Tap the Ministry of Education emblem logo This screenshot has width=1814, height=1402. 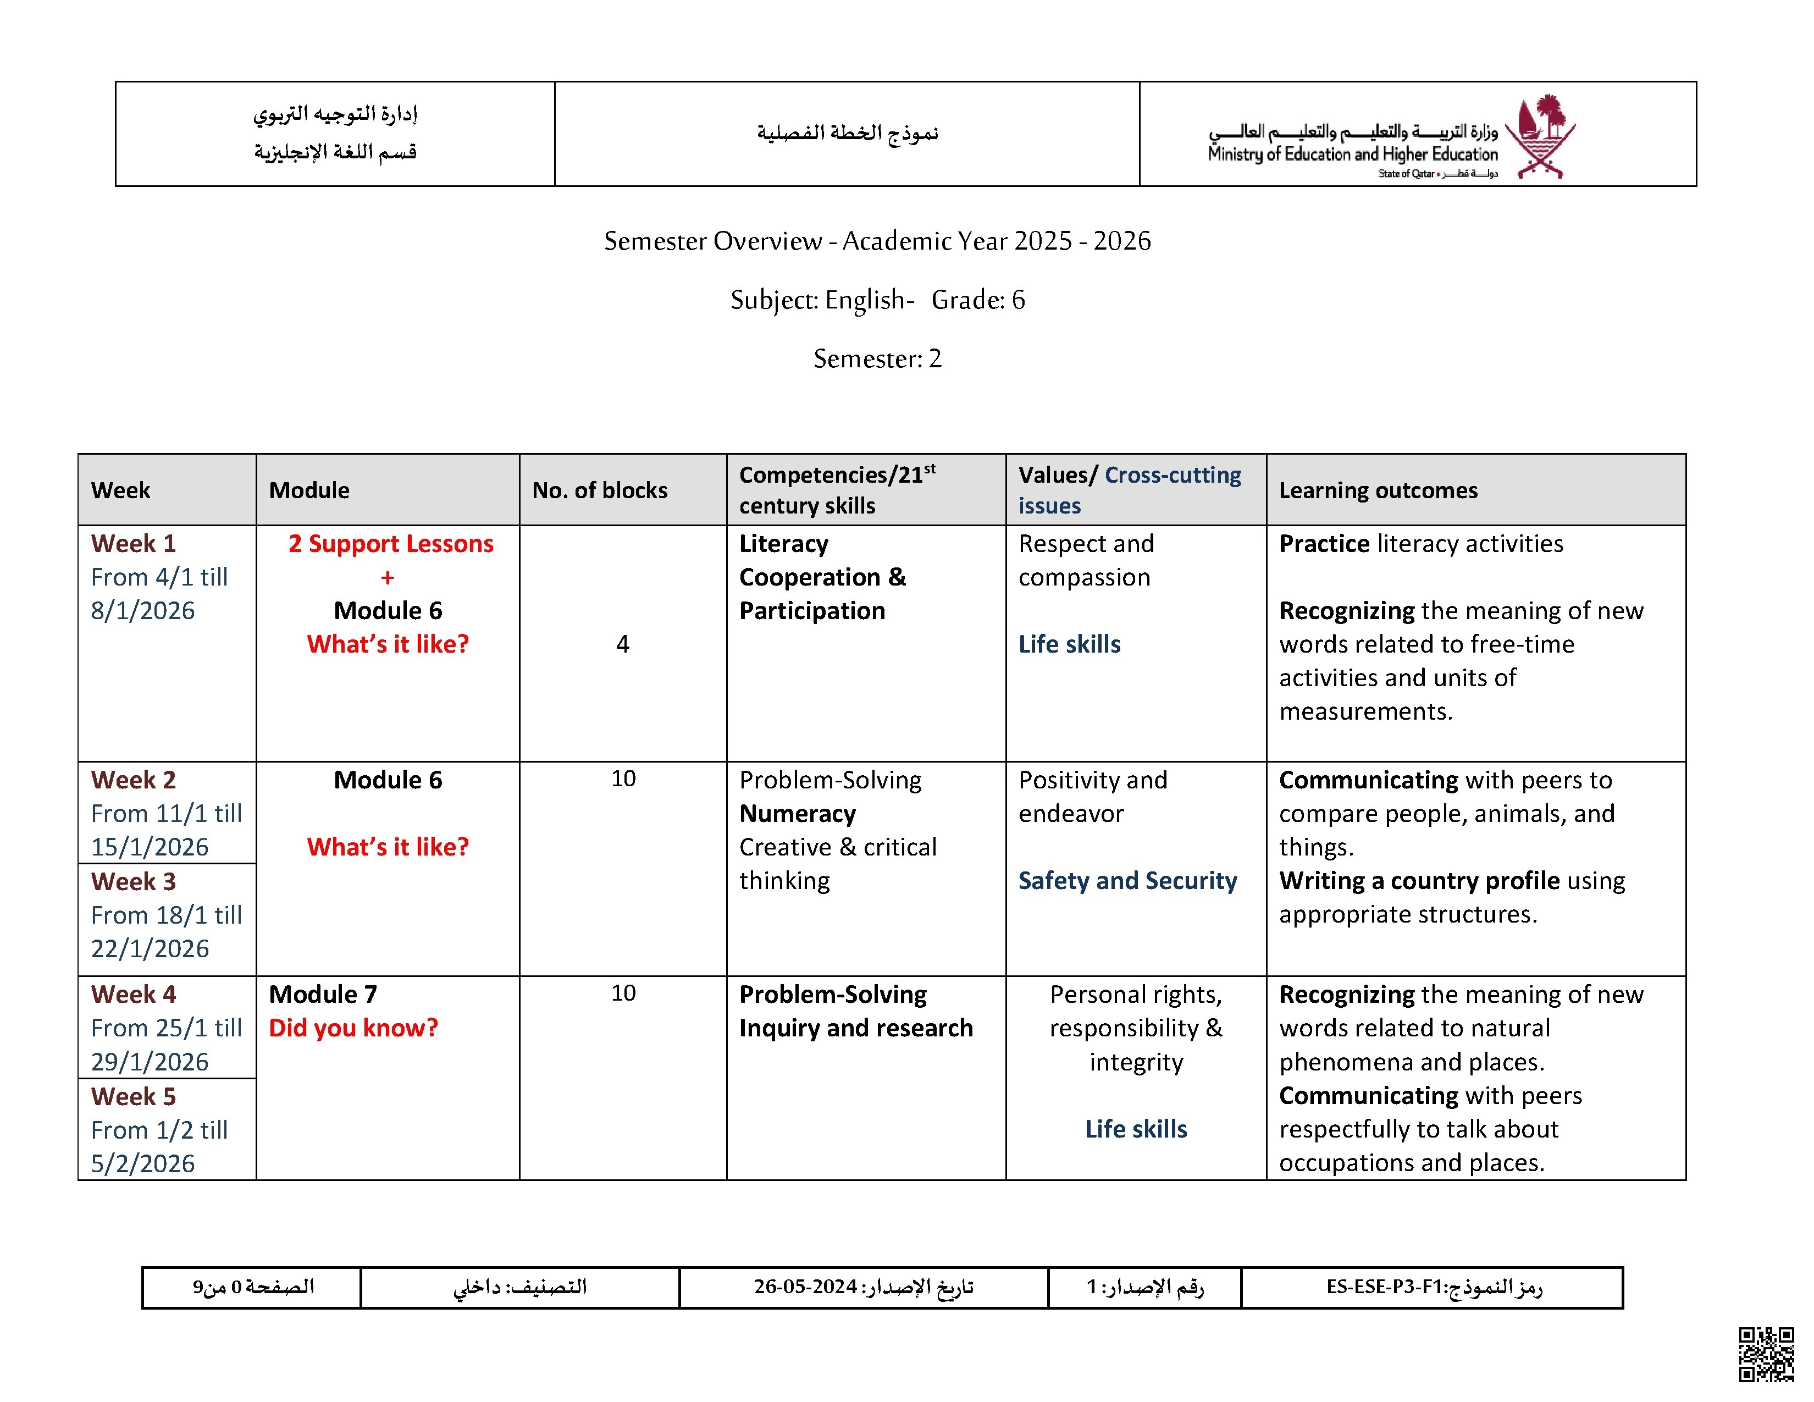click(1544, 135)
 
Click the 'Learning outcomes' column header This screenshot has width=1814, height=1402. click(1378, 490)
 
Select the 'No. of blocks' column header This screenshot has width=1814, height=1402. click(600, 490)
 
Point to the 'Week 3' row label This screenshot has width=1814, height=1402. click(134, 881)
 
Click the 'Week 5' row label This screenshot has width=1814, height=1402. click(134, 1096)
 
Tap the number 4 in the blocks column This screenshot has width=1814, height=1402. click(623, 644)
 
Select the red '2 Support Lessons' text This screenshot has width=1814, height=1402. click(390, 543)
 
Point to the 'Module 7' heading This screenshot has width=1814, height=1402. click(323, 994)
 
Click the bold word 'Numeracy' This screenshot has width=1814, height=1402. click(798, 813)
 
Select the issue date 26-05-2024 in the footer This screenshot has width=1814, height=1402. click(805, 1287)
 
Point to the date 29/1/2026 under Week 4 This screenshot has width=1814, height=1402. click(150, 1062)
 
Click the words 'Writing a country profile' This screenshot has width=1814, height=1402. click(1419, 880)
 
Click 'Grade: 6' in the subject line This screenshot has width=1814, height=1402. click(977, 300)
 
